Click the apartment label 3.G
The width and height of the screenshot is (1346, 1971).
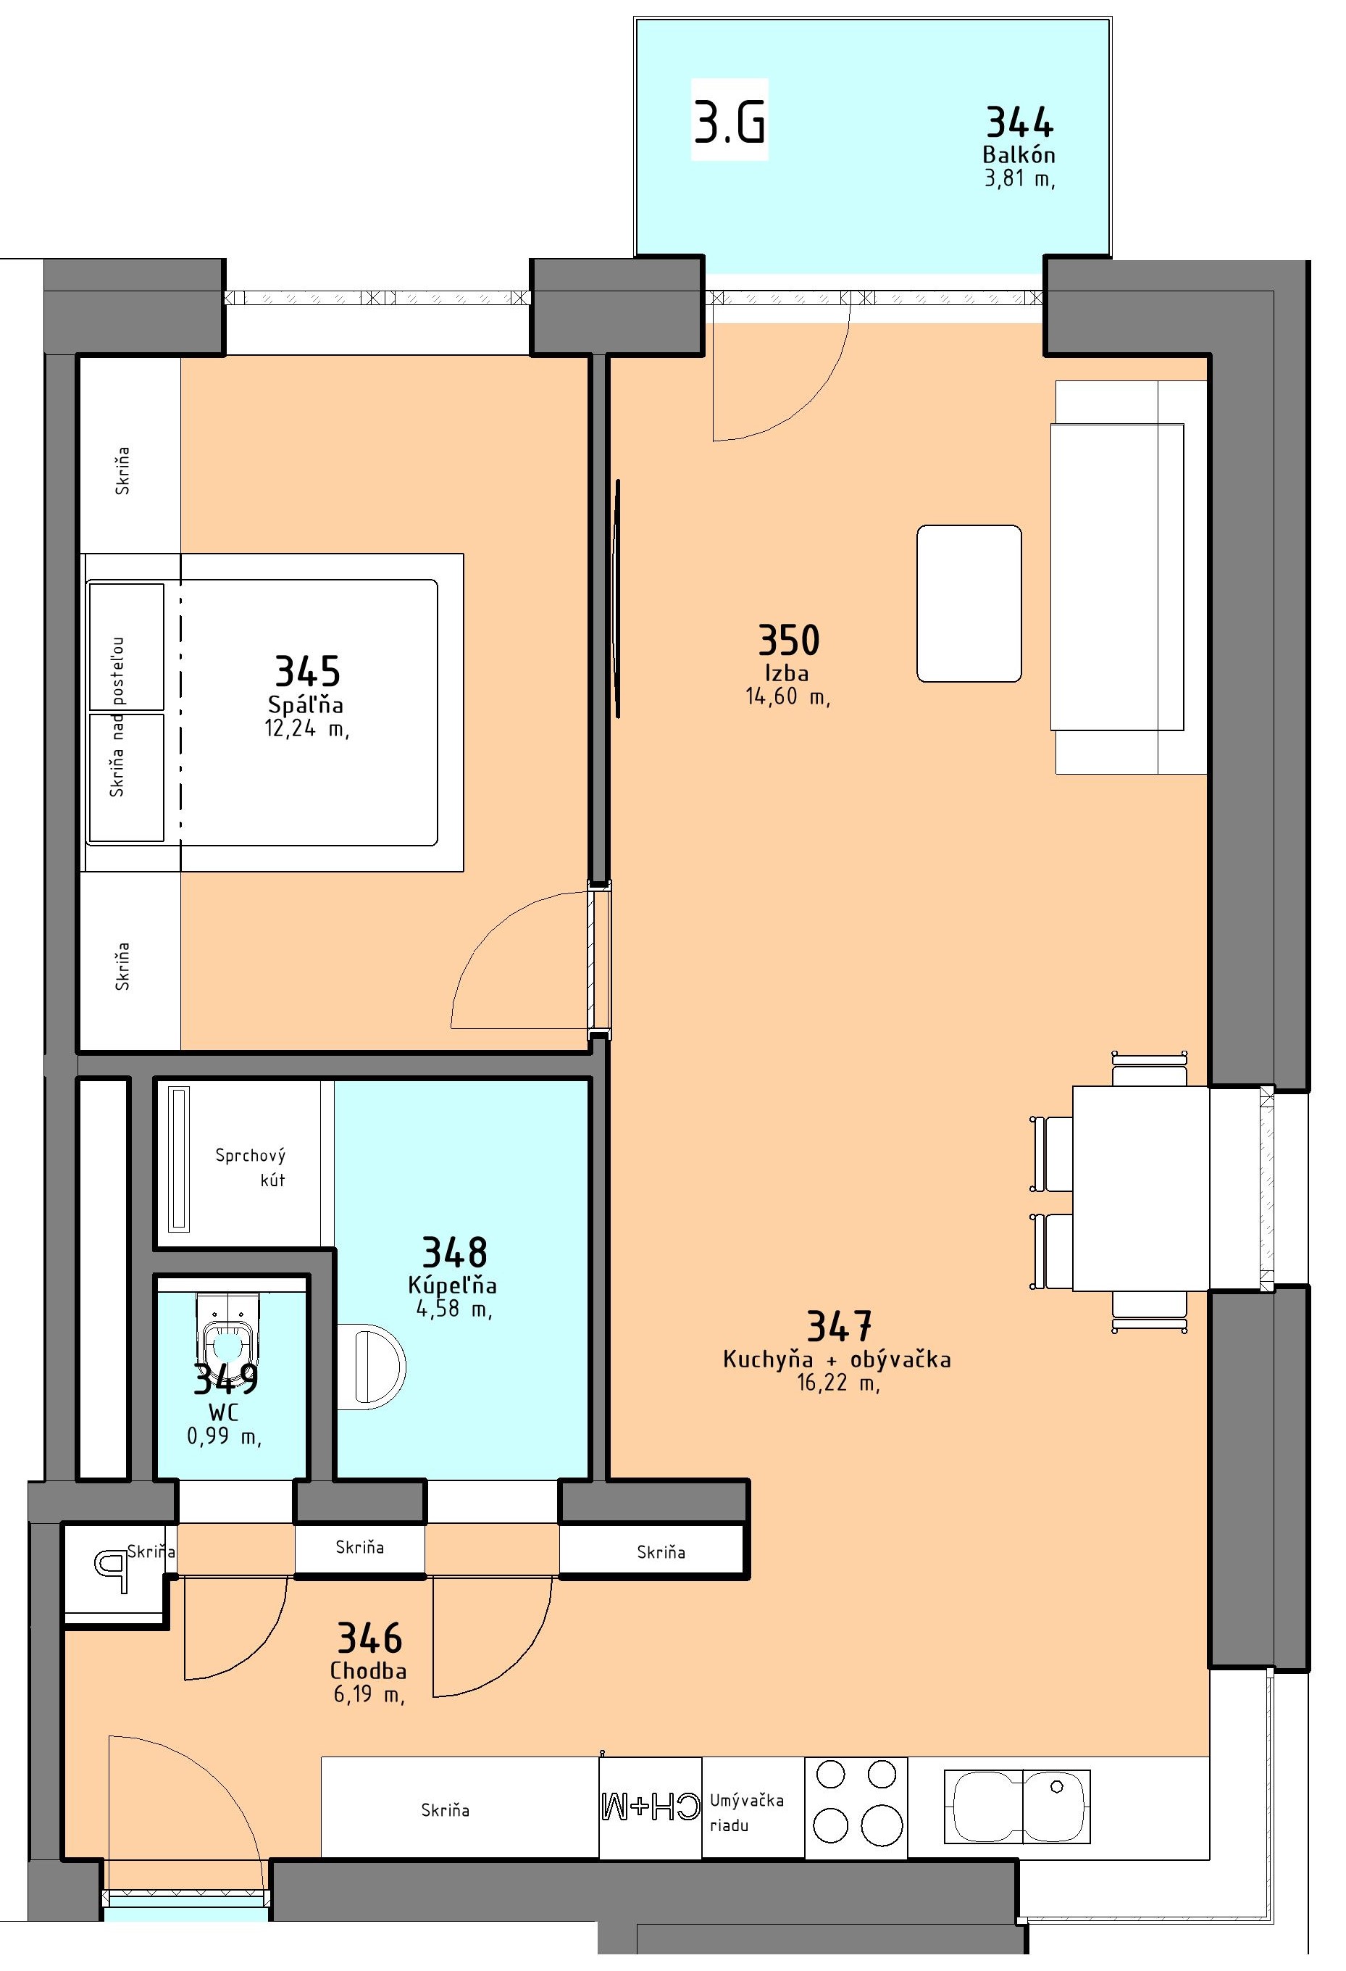(730, 121)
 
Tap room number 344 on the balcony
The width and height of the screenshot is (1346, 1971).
(1019, 123)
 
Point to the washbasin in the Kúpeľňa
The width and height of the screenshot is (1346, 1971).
(371, 1368)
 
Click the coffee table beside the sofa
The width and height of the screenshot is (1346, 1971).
(969, 603)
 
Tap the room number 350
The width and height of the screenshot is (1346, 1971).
(789, 641)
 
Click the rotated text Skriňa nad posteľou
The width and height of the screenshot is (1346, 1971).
(117, 717)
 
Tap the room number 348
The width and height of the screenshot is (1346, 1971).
(455, 1253)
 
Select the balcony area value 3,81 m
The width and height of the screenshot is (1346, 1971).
(1019, 178)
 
